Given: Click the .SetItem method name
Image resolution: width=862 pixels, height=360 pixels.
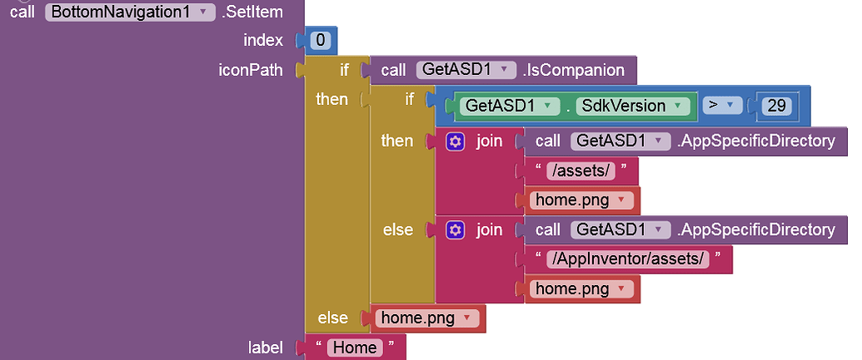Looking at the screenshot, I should pos(252,12).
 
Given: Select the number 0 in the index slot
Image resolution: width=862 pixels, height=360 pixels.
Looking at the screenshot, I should pos(321,40).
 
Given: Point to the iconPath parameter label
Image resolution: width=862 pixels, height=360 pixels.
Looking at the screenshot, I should pos(250,70).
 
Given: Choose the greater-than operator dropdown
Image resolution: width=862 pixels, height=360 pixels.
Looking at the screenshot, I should pos(721,106).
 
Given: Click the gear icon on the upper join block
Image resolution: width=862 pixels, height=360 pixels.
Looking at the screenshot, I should pos(455,141).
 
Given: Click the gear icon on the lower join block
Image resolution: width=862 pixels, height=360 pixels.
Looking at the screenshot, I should pos(455,229).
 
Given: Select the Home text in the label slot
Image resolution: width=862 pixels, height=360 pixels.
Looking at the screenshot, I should pos(355,347).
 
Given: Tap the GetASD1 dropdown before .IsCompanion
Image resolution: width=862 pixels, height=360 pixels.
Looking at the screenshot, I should pos(466,70).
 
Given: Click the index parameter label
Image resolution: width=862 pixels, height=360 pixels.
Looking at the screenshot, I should pos(263,40).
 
